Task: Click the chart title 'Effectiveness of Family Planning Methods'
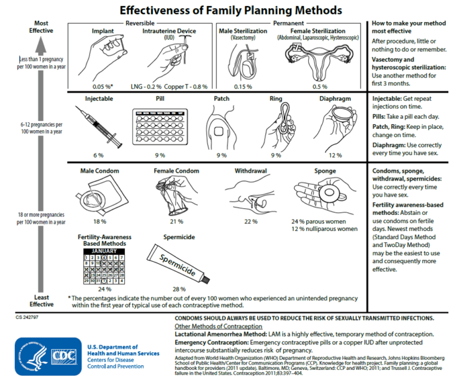pyautogui.click(x=231, y=10)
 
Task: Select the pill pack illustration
pyautogui.click(x=160, y=126)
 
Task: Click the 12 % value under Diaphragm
pyautogui.click(x=335, y=155)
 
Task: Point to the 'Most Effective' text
pyautogui.click(x=41, y=26)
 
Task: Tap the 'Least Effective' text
pyautogui.click(x=42, y=300)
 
